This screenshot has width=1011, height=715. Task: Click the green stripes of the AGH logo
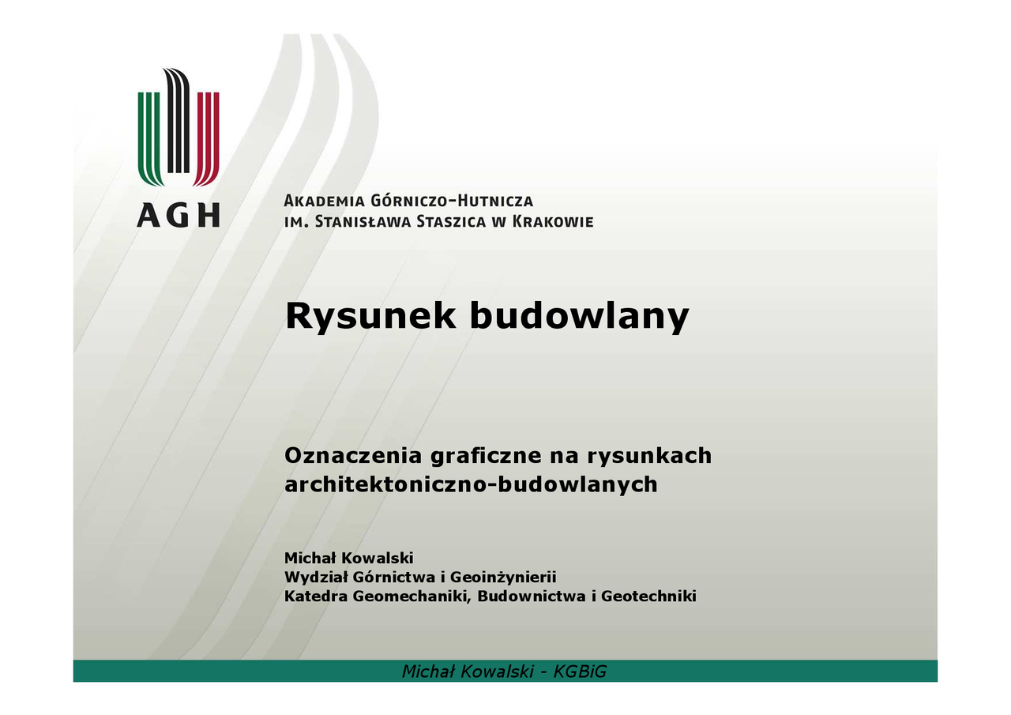(151, 138)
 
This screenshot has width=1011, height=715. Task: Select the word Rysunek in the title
(370, 316)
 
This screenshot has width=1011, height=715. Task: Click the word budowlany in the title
(579, 316)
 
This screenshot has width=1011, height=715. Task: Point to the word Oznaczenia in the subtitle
(353, 455)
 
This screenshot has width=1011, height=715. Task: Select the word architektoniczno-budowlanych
(471, 485)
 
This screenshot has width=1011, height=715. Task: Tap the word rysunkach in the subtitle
(649, 456)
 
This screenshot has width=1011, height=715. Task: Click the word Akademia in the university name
(324, 201)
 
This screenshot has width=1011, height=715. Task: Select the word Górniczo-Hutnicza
(452, 200)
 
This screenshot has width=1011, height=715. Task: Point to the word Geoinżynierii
(503, 578)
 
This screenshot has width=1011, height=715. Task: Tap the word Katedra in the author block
(315, 596)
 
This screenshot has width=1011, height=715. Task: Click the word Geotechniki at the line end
(648, 596)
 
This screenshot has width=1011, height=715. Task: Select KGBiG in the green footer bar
(580, 672)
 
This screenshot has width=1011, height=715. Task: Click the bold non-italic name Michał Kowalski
(349, 558)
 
